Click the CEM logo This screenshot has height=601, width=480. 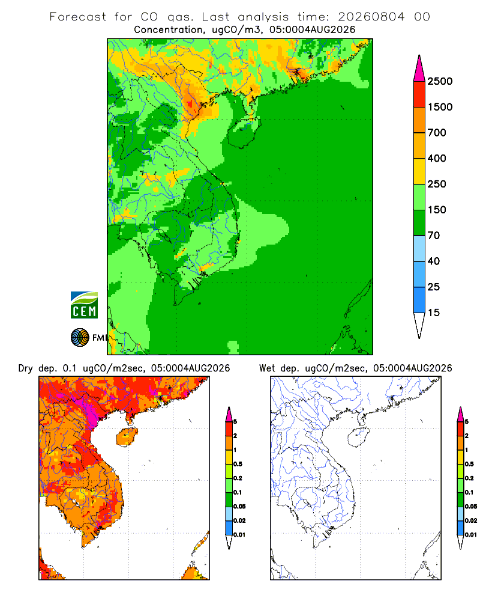(x=84, y=305)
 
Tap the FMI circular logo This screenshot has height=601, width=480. (x=80, y=338)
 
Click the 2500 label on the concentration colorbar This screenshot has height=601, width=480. (x=440, y=81)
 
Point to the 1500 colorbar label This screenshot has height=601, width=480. (x=440, y=107)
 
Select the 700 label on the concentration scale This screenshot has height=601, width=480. (x=437, y=133)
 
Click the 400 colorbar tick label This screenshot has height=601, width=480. (x=437, y=158)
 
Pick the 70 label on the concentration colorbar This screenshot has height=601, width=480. (x=434, y=236)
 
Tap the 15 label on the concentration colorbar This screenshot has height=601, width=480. (x=434, y=313)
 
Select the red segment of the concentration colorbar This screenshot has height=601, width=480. (x=419, y=94)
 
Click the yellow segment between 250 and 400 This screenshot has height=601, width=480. (x=419, y=171)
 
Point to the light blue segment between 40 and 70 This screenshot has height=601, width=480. (x=419, y=248)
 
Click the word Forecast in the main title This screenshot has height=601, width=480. (x=78, y=17)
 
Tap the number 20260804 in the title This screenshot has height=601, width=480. (x=371, y=17)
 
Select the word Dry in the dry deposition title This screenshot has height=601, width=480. (x=26, y=368)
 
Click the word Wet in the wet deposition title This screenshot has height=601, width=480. (x=267, y=368)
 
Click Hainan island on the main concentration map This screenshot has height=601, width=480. (x=244, y=132)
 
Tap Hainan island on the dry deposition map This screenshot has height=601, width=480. (x=127, y=437)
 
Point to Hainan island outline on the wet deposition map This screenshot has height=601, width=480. (x=349, y=438)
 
